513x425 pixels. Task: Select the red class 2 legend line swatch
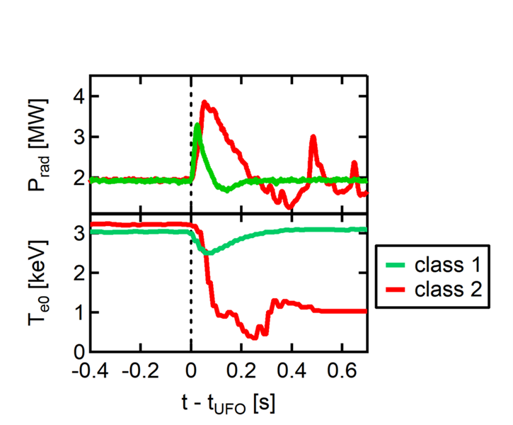399,289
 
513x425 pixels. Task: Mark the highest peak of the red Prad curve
205,102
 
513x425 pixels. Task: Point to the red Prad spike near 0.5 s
313,137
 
